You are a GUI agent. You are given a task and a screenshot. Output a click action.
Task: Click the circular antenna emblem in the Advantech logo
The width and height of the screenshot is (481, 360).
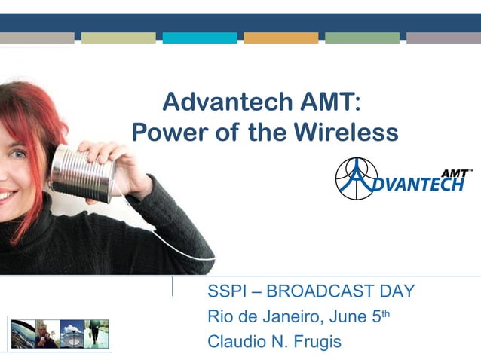coord(356,180)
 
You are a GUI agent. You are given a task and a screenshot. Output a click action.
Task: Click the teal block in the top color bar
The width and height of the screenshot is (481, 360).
coord(199,38)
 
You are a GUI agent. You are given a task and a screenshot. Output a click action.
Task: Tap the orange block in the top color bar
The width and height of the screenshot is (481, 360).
coord(280,38)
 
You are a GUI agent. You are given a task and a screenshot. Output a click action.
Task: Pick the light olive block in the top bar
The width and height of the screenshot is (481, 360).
coord(118,38)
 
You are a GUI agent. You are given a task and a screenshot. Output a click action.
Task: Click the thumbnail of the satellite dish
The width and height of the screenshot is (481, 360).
coord(72,334)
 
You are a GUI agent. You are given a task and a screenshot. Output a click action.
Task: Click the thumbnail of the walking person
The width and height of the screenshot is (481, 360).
coord(97,334)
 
